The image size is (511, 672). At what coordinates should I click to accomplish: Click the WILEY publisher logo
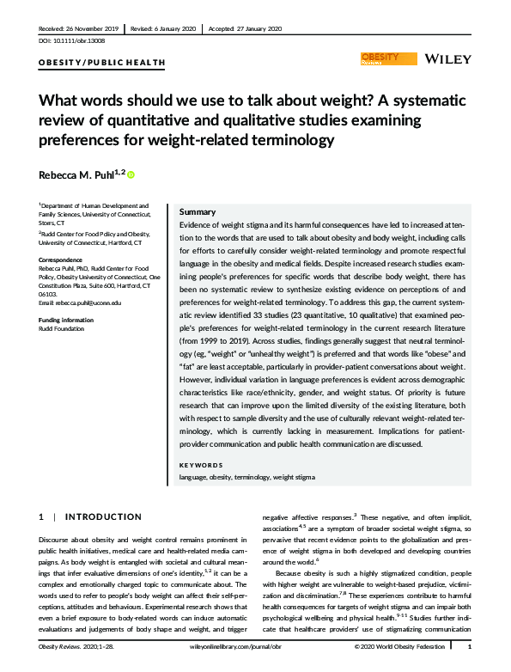447,58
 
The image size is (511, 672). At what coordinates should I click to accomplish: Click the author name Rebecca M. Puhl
80,174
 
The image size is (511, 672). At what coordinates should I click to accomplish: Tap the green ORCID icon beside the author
131,174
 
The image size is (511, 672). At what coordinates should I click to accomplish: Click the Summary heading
197,211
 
